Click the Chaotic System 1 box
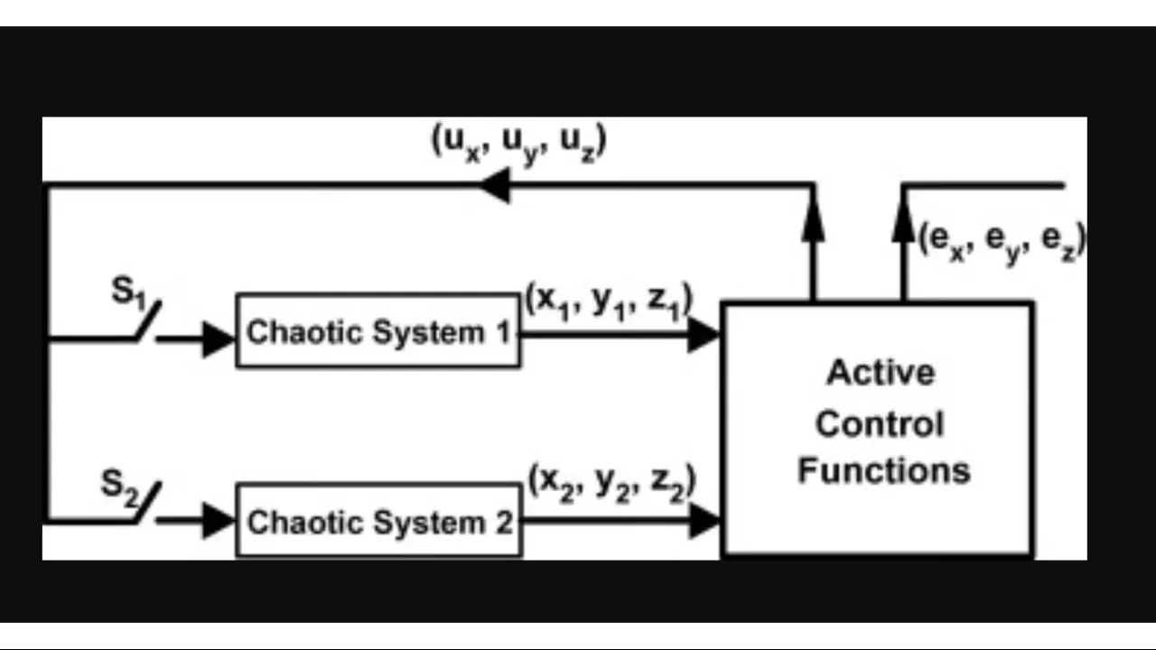[378, 331]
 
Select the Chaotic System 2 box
[378, 521]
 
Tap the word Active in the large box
[881, 373]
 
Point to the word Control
[880, 423]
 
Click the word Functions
[883, 470]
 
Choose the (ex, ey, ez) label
[1001, 241]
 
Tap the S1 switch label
[127, 292]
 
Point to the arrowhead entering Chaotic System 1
[219, 339]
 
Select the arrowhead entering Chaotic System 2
[219, 521]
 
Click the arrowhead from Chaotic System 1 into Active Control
[704, 335]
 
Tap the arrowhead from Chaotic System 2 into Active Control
[704, 521]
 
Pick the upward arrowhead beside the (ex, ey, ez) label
[903, 222]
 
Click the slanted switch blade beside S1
[149, 321]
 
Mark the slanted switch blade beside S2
[147, 502]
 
